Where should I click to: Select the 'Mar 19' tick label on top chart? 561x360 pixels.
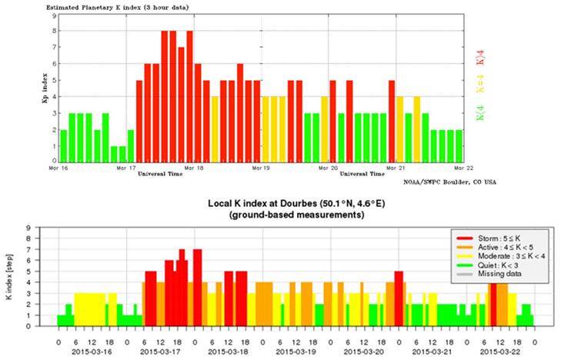pos(262,167)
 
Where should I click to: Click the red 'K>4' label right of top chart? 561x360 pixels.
pos(479,56)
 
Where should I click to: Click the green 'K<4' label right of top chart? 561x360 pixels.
pos(479,115)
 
